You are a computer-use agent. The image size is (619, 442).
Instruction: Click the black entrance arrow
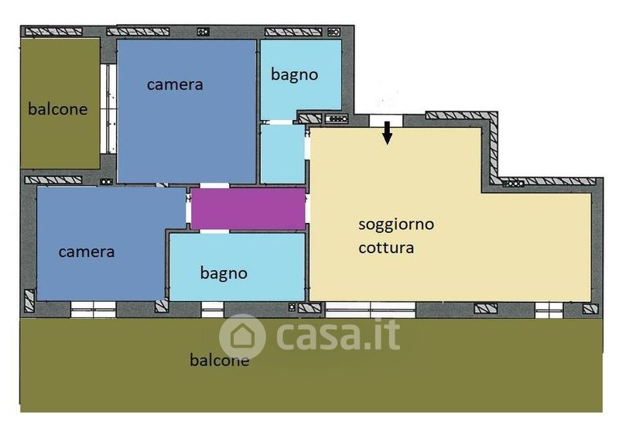pos(388,132)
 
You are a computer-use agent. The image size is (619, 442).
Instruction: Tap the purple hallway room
pos(248,208)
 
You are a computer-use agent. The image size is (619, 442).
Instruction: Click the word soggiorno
pos(396,224)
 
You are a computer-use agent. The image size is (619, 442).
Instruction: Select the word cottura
pos(386,248)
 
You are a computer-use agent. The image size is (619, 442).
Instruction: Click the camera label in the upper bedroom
pos(175,84)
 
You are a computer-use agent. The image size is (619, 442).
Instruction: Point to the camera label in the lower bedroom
pos(87,252)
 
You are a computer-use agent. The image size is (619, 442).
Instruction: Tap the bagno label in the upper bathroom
pos(295,74)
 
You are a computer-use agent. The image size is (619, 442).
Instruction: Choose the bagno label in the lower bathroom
pos(224,273)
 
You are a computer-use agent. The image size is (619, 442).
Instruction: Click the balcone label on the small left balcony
pos(57,109)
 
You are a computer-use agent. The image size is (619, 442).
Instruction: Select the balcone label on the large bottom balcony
pos(220,360)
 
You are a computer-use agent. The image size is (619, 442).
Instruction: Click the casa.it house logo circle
pos(242,337)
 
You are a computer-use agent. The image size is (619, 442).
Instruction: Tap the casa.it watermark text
pos(338,335)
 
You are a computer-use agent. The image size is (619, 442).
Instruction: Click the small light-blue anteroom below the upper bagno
pos(282,154)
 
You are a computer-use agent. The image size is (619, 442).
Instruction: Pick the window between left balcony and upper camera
pos(108,108)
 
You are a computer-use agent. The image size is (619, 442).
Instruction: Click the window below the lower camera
pos(93,310)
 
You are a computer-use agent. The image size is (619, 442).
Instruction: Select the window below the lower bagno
pos(212,310)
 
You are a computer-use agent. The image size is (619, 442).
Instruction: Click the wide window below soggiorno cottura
pos(371,310)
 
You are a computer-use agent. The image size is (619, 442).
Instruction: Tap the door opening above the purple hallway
pos(214,186)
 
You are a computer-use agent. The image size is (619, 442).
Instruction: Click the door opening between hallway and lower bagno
pos(214,231)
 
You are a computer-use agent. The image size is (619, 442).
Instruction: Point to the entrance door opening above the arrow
pos(386,121)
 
